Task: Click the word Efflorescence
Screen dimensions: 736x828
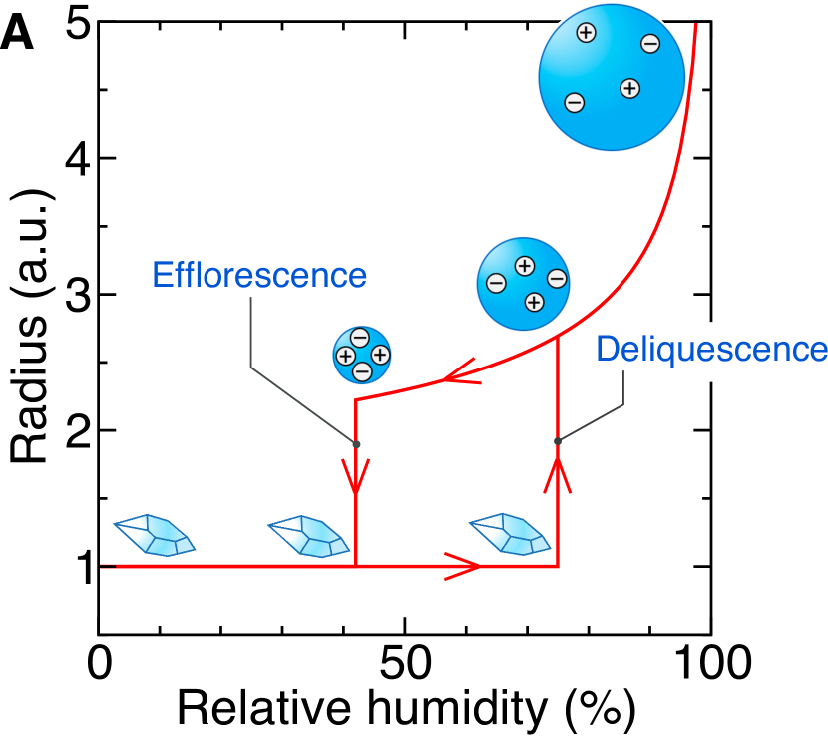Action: point(259,275)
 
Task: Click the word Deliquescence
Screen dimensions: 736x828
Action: point(710,350)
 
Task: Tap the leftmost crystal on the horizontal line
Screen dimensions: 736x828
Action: point(155,536)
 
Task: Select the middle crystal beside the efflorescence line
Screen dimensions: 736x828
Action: point(308,537)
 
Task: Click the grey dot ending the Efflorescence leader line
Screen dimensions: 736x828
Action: point(355,444)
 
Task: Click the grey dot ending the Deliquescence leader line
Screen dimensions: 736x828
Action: point(558,440)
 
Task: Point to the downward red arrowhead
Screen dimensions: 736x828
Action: point(356,477)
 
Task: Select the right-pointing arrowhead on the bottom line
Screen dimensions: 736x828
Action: point(465,566)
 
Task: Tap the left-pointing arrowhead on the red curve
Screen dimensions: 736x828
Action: point(459,376)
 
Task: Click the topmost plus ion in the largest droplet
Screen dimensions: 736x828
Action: point(586,33)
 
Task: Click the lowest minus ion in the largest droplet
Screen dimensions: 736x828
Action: point(574,102)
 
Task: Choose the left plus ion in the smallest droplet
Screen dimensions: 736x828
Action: point(344,356)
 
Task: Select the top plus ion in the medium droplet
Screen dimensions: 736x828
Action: point(524,265)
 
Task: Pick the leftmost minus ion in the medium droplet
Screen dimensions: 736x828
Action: point(496,283)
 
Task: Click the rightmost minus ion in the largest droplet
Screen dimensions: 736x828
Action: point(649,44)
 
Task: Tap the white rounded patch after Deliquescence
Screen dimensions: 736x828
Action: point(710,352)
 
